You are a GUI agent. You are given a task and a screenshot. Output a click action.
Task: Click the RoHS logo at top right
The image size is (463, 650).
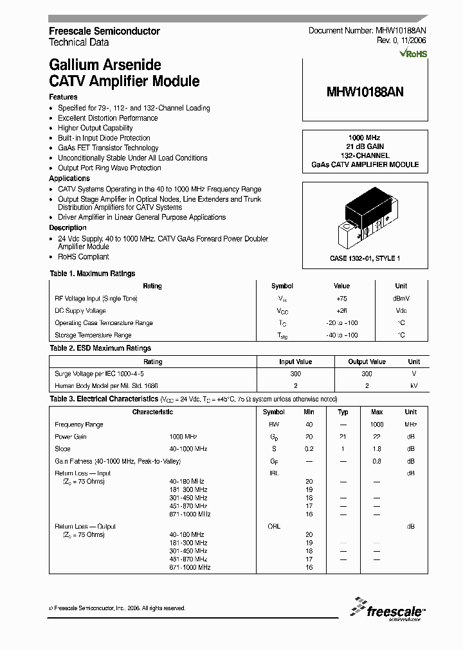click(413, 54)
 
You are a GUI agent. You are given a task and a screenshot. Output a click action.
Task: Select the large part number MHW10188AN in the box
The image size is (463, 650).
click(365, 92)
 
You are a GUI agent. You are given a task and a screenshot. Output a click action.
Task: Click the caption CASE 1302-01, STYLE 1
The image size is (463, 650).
click(365, 258)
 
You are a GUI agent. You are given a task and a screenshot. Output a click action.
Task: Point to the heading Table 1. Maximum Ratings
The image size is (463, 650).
click(93, 274)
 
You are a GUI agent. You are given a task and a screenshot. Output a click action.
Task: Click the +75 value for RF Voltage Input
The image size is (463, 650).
click(341, 299)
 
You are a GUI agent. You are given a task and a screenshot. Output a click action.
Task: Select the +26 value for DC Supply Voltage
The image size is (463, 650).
click(341, 311)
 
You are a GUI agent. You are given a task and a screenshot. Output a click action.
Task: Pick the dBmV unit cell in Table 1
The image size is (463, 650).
click(401, 299)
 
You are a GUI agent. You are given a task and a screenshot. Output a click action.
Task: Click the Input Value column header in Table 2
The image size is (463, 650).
click(295, 362)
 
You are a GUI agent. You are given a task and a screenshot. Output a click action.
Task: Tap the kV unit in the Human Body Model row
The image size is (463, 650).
click(413, 385)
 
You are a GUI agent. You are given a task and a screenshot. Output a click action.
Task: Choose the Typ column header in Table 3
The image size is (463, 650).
click(343, 412)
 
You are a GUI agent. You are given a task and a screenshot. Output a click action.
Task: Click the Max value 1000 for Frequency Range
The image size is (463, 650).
click(377, 425)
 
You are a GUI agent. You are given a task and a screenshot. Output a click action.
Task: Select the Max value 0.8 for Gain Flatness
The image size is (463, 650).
click(377, 461)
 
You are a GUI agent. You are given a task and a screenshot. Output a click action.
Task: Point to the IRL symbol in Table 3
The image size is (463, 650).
click(274, 473)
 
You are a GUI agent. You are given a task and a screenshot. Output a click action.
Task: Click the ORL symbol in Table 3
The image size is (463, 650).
click(274, 527)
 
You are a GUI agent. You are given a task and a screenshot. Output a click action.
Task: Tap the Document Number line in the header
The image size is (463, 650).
click(367, 31)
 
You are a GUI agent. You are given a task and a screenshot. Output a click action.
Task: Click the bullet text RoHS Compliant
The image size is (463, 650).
click(84, 257)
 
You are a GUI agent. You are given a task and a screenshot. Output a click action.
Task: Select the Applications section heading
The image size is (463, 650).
click(69, 179)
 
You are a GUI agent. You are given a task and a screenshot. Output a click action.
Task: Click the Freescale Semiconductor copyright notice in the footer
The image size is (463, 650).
click(117, 608)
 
